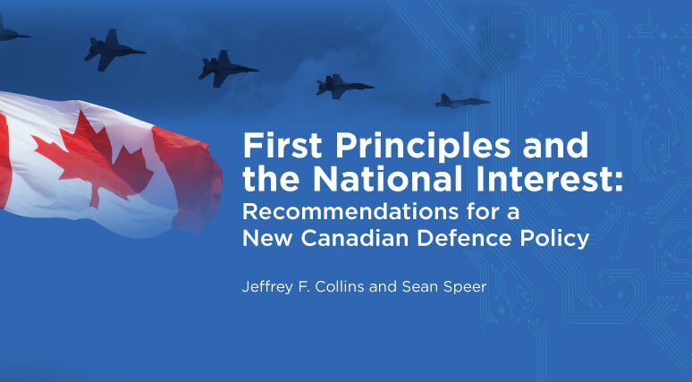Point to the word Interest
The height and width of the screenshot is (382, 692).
click(544, 179)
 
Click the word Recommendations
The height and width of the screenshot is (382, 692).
click(350, 212)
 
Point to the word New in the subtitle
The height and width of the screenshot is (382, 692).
click(268, 239)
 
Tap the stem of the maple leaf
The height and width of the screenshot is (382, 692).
click(94, 197)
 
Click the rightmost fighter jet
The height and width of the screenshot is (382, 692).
click(461, 102)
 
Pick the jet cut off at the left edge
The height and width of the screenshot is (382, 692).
click(11, 31)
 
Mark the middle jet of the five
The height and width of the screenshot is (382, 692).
click(227, 69)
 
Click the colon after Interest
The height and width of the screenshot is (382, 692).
click(619, 183)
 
